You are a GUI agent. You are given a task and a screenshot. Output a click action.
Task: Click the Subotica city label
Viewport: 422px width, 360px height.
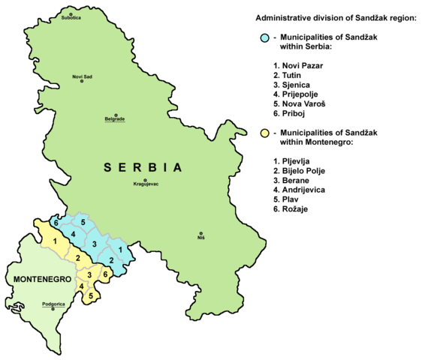tap(72, 20)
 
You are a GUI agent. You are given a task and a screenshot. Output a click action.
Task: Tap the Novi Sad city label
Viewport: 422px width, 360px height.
tap(82, 77)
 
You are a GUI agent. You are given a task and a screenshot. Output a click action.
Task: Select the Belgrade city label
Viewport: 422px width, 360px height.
tap(114, 119)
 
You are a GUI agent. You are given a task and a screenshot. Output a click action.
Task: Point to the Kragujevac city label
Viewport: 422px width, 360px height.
tap(146, 184)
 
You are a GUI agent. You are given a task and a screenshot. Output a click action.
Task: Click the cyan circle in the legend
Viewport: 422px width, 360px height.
tap(264, 37)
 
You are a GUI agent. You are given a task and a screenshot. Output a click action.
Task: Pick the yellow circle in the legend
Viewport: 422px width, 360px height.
tap(264, 133)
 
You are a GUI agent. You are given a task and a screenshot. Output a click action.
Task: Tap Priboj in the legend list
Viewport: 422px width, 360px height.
tap(293, 113)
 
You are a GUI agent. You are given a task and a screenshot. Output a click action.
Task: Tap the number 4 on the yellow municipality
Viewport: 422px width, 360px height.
tap(81, 286)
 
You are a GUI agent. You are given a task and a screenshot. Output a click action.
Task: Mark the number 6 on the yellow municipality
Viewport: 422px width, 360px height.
tap(105, 275)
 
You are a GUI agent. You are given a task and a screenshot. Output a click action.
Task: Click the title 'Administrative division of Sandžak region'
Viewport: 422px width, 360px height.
tap(336, 16)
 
